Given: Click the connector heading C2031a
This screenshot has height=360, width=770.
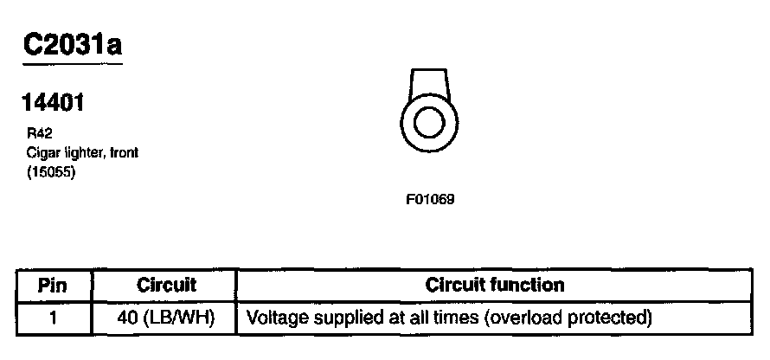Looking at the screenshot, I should (72, 44).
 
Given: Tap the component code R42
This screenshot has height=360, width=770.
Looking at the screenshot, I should (38, 134).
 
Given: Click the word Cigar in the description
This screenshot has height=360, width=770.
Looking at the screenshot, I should (41, 152).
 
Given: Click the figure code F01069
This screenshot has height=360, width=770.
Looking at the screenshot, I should (430, 198).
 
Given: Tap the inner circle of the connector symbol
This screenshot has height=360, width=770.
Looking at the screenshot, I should (428, 121).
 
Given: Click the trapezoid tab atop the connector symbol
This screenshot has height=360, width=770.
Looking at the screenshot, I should (428, 83).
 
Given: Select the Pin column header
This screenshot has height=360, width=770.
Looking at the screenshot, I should (53, 285).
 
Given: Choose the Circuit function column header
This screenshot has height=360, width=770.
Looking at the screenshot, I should (495, 285).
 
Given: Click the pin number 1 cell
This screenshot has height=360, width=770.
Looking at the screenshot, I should (53, 317).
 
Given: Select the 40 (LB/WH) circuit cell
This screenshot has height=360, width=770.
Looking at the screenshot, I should (166, 317).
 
